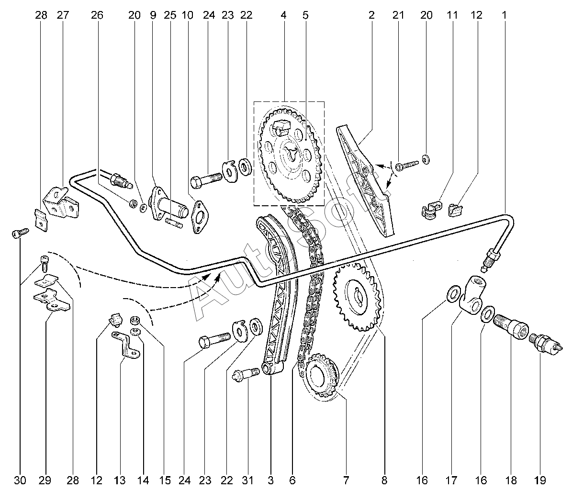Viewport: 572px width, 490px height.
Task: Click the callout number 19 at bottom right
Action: [539, 480]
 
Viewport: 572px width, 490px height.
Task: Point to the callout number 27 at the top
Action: [63, 15]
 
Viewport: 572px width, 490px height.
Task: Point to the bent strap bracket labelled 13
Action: [125, 344]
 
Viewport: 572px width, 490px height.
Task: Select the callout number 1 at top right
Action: [504, 15]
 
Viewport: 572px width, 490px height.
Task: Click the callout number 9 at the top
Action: [153, 15]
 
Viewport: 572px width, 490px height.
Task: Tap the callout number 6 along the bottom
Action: [292, 480]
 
